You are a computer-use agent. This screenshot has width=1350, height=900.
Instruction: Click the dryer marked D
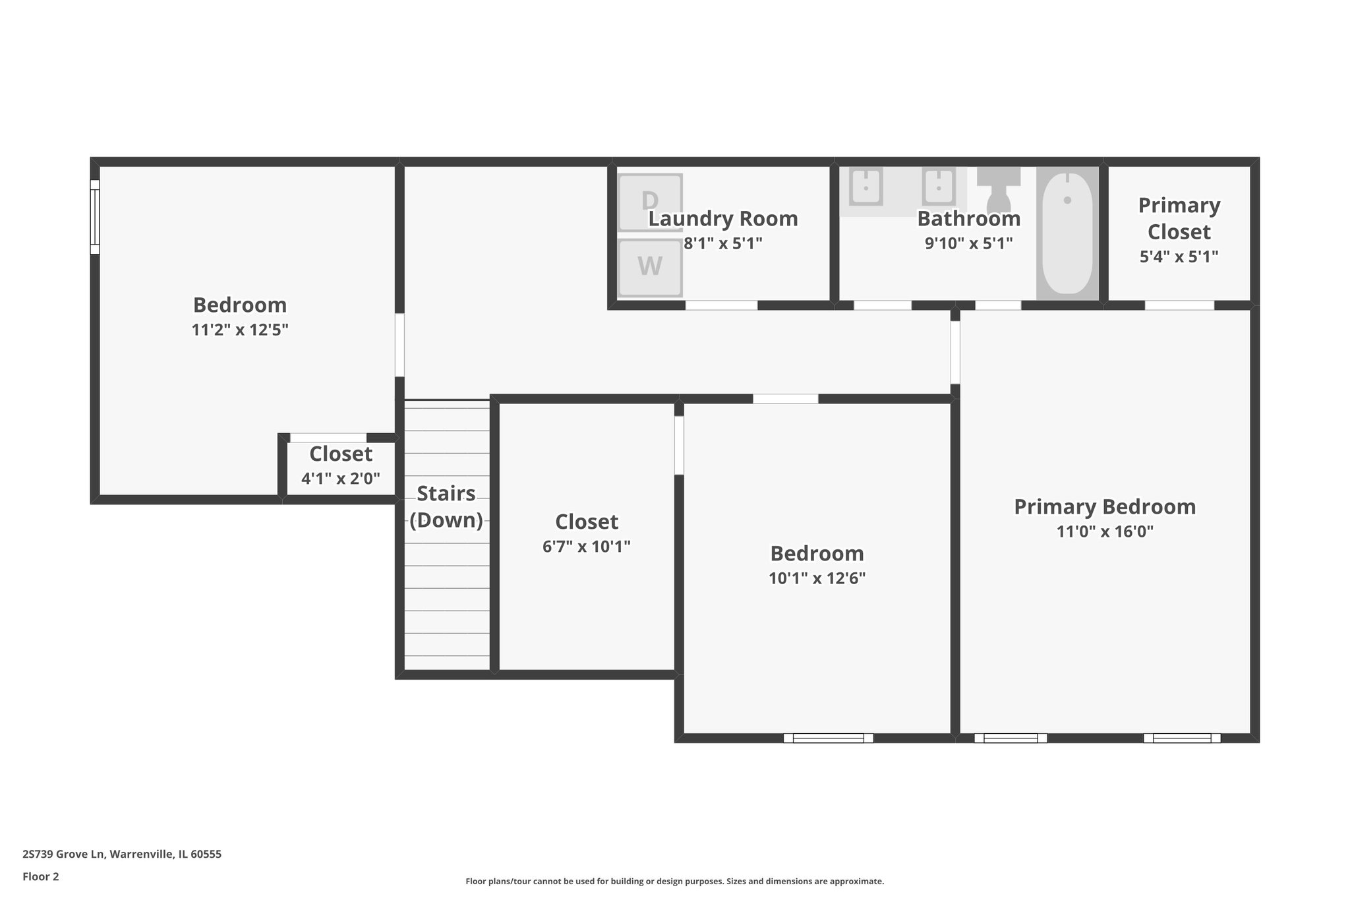(650, 201)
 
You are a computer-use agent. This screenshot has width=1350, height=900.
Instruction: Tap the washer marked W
(650, 266)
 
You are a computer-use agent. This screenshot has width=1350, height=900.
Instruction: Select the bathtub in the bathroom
(1067, 233)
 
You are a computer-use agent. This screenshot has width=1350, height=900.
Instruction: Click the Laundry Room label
(723, 218)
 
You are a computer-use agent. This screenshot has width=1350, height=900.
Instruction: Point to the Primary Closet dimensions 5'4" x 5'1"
(1179, 256)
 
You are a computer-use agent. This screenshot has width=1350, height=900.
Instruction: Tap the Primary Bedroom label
(1105, 506)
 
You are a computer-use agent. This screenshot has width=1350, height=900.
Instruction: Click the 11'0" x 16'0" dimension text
(1105, 531)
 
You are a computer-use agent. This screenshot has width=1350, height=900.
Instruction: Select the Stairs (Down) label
(446, 506)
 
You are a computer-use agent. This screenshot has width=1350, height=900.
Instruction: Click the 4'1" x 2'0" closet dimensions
(341, 479)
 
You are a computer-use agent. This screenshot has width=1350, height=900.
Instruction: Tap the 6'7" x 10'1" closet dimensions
(586, 547)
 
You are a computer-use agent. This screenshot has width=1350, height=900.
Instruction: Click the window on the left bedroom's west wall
(95, 217)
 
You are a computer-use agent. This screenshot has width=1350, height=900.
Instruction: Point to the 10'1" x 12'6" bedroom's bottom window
(828, 738)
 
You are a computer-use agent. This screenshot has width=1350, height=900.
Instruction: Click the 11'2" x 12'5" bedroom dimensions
(240, 330)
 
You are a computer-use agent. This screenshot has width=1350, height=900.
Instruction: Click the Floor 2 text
(41, 876)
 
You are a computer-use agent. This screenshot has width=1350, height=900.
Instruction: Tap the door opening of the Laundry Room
(721, 305)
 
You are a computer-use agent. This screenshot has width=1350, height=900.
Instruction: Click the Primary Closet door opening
(1179, 305)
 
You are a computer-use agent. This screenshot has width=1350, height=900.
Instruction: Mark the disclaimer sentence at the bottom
(674, 881)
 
